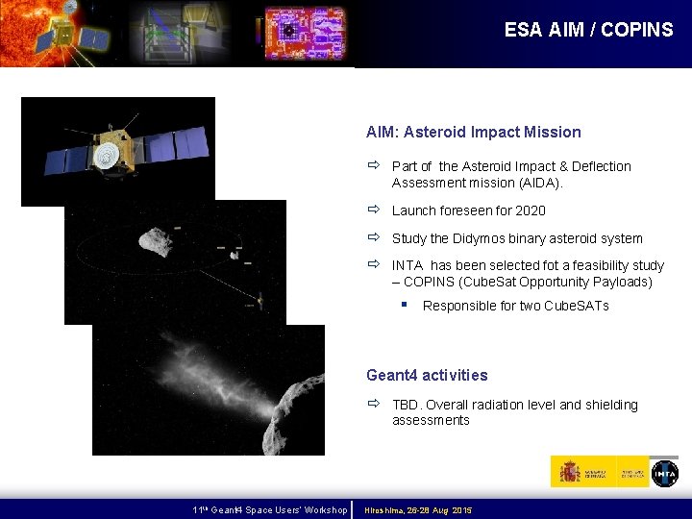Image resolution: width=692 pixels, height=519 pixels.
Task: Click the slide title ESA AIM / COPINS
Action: pyautogui.click(x=588, y=30)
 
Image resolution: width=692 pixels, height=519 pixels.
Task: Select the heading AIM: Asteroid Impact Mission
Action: pyautogui.click(x=473, y=132)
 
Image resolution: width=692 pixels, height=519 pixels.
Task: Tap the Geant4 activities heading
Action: pyautogui.click(x=427, y=375)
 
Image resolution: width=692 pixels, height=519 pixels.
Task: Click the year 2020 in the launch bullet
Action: pyautogui.click(x=530, y=210)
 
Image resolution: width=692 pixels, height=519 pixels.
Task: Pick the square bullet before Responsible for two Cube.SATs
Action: pyautogui.click(x=407, y=305)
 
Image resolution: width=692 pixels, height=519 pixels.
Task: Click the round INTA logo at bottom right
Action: pyautogui.click(x=664, y=473)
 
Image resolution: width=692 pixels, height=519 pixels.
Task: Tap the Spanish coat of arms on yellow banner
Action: pyautogui.click(x=569, y=472)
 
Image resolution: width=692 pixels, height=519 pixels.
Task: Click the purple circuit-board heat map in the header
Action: pyautogui.click(x=304, y=33)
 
